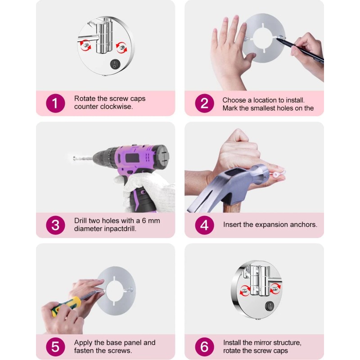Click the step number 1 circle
55,103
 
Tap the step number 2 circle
204,103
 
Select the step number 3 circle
55,225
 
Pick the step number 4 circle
204,225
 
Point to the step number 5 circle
55,346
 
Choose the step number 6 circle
204,346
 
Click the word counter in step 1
86,107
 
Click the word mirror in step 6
261,342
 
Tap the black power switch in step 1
115,64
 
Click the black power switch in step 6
270,306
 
